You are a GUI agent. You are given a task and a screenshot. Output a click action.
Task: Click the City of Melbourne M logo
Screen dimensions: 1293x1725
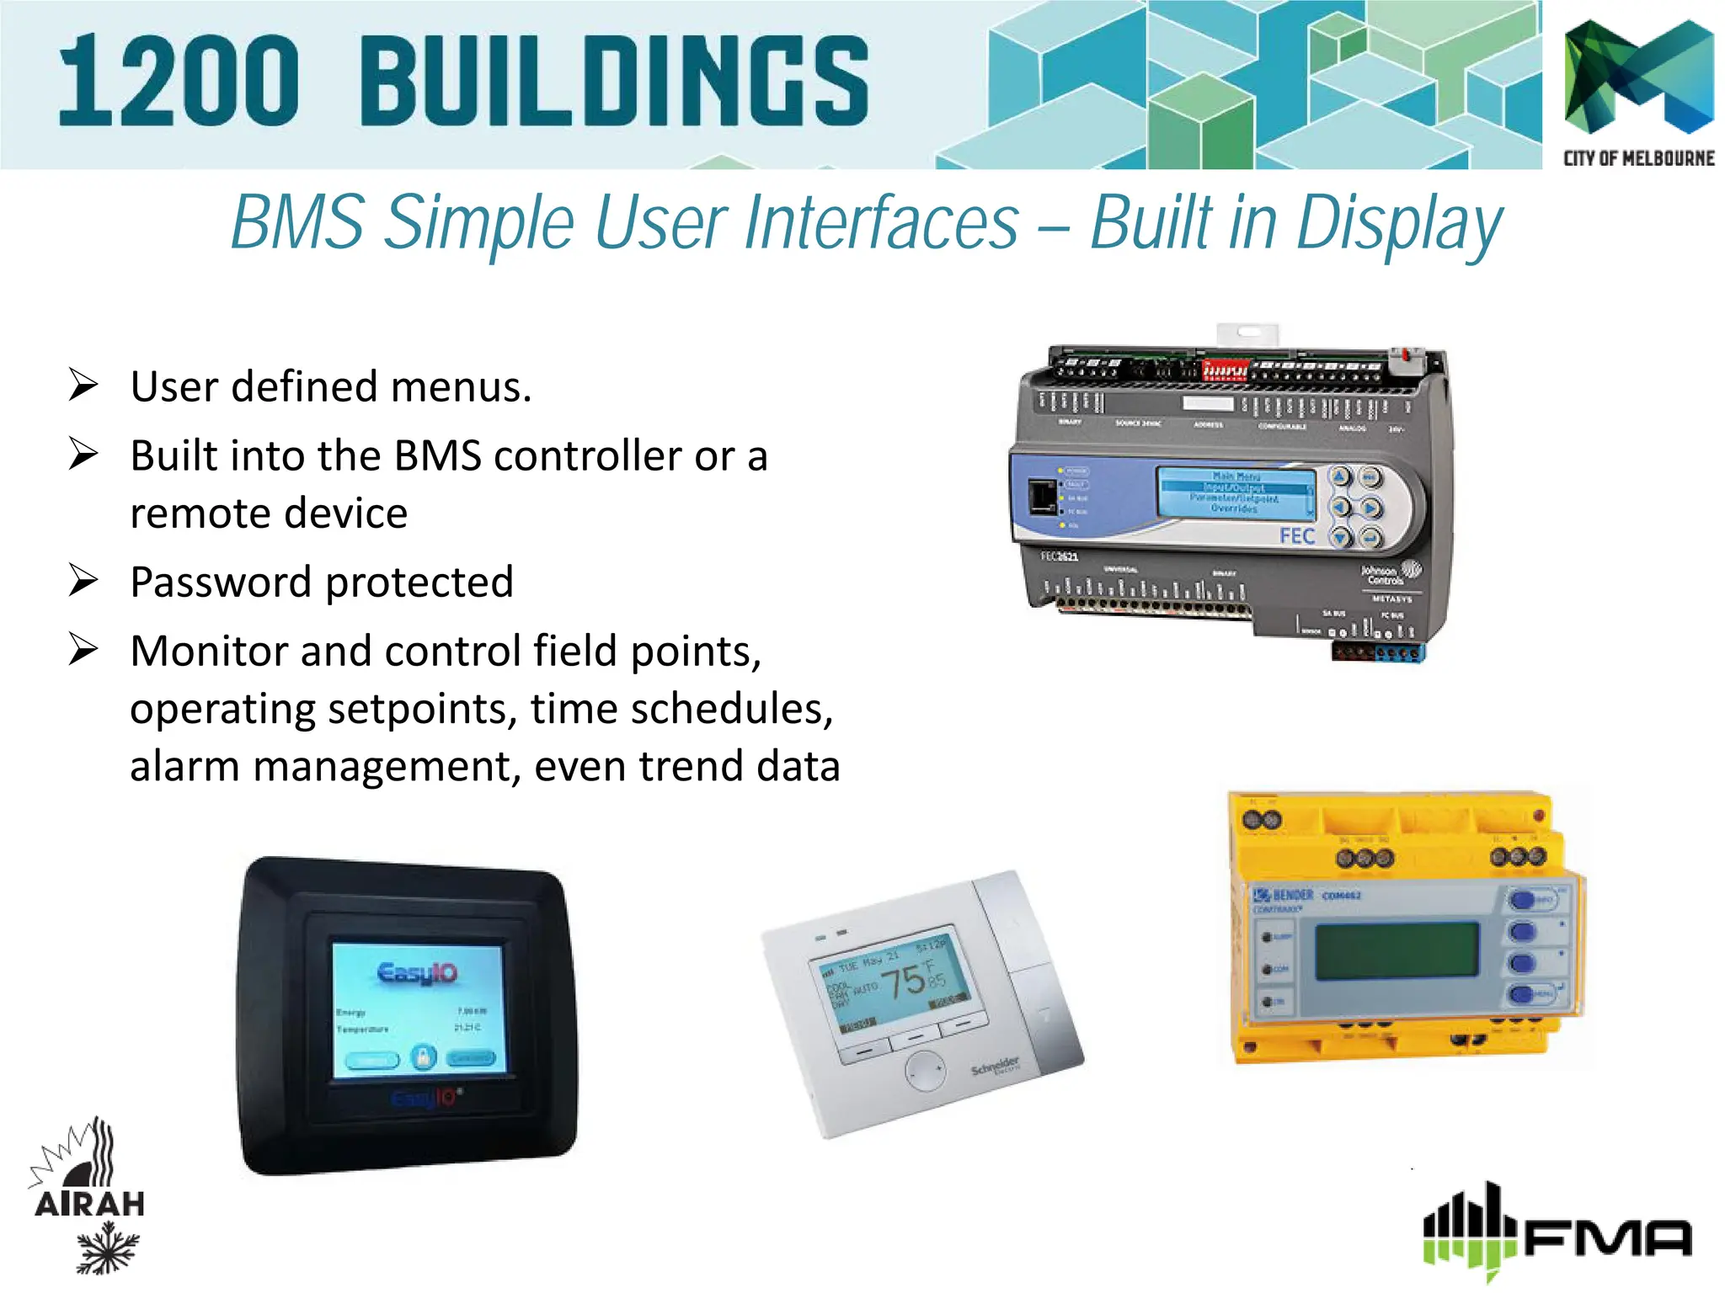1638,77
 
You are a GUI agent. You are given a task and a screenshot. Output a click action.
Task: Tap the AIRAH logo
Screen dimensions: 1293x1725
90,1195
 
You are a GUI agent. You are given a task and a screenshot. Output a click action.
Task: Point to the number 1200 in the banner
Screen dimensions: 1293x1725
179,82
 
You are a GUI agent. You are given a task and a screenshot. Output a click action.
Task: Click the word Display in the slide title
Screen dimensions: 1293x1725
1398,224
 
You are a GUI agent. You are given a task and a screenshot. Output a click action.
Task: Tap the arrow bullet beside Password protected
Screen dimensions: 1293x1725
83,581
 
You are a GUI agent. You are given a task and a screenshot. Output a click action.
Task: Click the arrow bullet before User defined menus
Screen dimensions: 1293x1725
83,386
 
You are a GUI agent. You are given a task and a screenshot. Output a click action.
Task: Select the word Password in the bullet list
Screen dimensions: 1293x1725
221,583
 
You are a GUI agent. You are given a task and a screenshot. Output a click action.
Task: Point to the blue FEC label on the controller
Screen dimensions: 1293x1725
1296,536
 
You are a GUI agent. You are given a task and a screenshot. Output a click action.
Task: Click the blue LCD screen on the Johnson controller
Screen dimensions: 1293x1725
1236,493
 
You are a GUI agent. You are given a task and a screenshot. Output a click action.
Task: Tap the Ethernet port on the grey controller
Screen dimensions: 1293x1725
1043,496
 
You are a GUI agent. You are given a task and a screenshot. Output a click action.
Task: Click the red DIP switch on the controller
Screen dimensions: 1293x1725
1224,370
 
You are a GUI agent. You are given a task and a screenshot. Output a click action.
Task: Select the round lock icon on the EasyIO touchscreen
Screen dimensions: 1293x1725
423,1056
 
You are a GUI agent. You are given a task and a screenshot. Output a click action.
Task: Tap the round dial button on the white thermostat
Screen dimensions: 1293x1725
925,1070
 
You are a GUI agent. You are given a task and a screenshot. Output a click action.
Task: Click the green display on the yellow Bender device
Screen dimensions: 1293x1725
1397,950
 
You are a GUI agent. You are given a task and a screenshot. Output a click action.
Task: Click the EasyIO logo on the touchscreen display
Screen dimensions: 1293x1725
418,974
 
